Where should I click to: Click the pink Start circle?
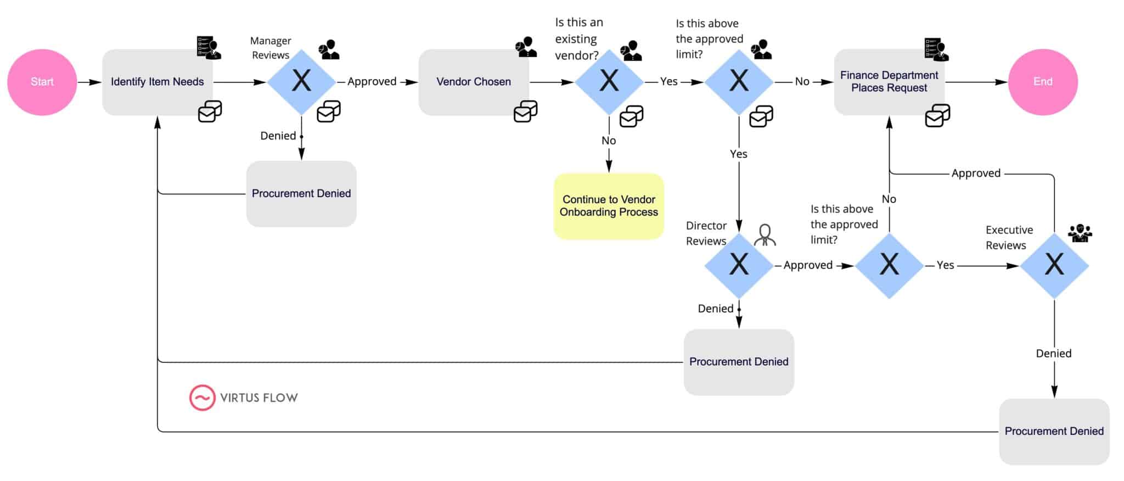[42, 82]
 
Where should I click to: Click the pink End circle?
[1043, 82]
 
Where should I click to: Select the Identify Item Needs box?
[157, 82]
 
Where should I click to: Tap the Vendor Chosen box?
[474, 82]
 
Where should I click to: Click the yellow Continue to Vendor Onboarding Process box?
[609, 206]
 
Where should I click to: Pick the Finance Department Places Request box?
[889, 82]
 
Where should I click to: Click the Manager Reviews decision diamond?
[301, 82]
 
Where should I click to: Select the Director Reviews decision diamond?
[739, 265]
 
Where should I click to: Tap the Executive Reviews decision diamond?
[1054, 265]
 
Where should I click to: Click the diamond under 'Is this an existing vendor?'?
[609, 82]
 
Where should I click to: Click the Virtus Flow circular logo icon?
[202, 398]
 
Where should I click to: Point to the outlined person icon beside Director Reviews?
[765, 235]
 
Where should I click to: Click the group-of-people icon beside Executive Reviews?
[1080, 233]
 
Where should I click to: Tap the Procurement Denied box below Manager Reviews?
[301, 194]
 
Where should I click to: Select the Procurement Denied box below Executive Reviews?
[1054, 432]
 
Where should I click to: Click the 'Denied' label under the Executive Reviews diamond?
[1053, 354]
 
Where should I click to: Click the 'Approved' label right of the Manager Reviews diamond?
[372, 82]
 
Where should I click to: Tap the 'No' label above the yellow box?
[609, 141]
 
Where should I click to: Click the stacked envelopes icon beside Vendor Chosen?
[525, 111]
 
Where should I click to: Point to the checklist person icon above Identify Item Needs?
[209, 48]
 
